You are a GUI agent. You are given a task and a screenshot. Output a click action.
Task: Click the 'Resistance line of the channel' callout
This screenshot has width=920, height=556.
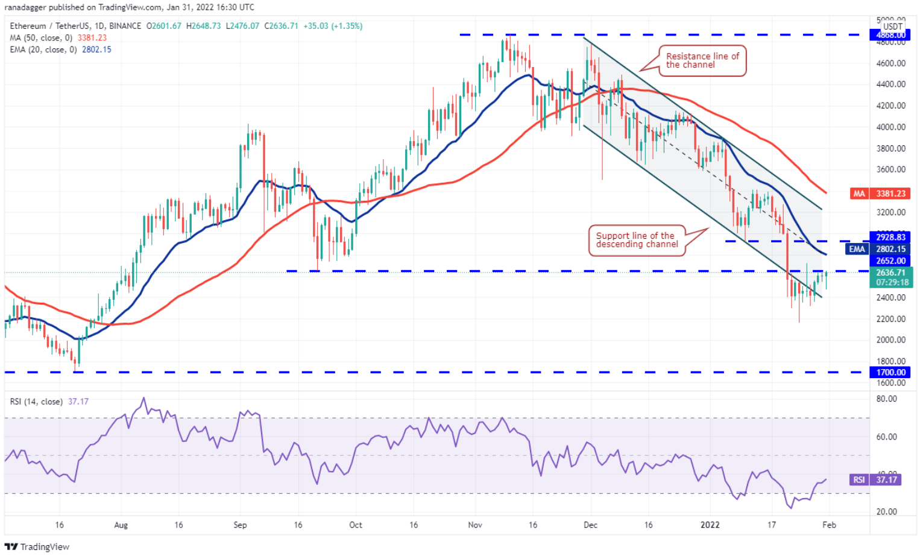(x=702, y=60)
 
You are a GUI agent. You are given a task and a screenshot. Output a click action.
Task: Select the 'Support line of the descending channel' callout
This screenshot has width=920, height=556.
(x=637, y=240)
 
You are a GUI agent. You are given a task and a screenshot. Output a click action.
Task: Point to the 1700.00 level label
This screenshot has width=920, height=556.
(x=890, y=373)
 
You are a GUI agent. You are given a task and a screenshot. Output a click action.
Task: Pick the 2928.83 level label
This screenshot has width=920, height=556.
(x=890, y=237)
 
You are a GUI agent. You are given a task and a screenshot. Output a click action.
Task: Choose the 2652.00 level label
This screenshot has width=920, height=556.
(x=890, y=261)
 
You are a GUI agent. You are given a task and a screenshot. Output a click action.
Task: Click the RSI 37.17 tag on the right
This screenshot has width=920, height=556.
(x=886, y=480)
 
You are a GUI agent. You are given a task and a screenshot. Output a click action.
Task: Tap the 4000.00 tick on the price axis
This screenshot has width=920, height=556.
(x=890, y=127)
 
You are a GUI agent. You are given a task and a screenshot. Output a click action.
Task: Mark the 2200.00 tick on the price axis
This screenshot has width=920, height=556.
(x=890, y=319)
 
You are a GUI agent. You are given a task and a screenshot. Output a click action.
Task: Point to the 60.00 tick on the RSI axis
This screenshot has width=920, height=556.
(x=886, y=437)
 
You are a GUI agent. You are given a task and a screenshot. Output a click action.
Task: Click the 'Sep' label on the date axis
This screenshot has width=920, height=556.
(x=240, y=525)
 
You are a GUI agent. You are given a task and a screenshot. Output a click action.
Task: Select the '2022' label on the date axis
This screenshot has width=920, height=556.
(x=710, y=525)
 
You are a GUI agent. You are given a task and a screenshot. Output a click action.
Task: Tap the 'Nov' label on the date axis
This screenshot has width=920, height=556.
(x=475, y=525)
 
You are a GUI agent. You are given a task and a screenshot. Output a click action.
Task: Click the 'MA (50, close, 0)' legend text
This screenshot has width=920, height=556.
(x=41, y=38)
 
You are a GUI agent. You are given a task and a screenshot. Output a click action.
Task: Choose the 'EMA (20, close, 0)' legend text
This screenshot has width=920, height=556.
(x=43, y=49)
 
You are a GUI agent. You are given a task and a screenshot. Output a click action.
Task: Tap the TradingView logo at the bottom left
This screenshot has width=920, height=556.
(x=37, y=547)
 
